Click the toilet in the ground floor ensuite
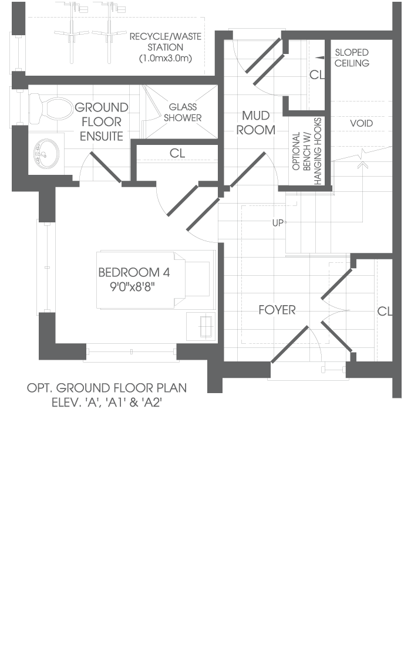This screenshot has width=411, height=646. (x=52, y=107)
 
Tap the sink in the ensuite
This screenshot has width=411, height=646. (x=46, y=154)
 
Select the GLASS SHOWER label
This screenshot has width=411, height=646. (x=183, y=113)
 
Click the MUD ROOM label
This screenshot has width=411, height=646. (x=255, y=123)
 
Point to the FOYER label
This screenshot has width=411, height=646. (x=277, y=310)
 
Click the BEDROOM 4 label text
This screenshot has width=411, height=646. (x=134, y=272)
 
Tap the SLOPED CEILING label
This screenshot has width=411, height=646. (x=352, y=58)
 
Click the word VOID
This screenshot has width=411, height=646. (x=362, y=123)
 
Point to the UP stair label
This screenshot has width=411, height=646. (x=278, y=223)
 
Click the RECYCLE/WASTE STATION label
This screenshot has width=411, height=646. (x=166, y=42)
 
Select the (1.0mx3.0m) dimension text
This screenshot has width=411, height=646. (x=166, y=58)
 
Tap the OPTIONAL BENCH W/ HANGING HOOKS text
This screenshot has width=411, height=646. (x=306, y=151)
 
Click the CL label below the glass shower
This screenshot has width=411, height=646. (x=177, y=153)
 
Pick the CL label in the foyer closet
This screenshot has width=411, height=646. (x=385, y=311)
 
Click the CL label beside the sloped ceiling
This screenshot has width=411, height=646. (x=316, y=75)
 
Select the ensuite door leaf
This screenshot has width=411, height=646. (x=106, y=167)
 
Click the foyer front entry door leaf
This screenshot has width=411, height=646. (x=289, y=344)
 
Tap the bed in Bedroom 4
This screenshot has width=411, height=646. (x=156, y=280)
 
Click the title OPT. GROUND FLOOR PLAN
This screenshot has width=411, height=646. (x=107, y=388)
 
